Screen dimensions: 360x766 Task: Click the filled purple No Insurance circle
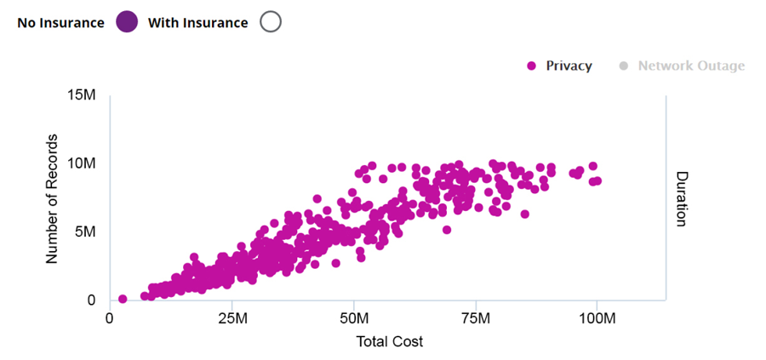tap(127, 23)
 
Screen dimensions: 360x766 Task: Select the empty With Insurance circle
tap(271, 23)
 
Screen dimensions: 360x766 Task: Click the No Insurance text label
tap(60, 23)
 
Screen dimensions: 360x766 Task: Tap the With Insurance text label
tap(198, 23)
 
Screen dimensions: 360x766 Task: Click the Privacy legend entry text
tap(569, 66)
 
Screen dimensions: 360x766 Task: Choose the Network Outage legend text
tap(691, 66)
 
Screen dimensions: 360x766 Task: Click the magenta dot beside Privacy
tap(532, 66)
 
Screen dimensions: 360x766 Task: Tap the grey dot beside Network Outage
tap(622, 66)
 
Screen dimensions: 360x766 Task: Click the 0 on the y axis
tap(91, 300)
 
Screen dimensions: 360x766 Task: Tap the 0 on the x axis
tap(110, 318)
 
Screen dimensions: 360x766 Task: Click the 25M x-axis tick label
tap(232, 318)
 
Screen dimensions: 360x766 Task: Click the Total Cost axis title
tap(389, 341)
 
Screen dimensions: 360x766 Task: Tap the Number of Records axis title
tap(52, 197)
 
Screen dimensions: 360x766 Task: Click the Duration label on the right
tap(681, 198)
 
